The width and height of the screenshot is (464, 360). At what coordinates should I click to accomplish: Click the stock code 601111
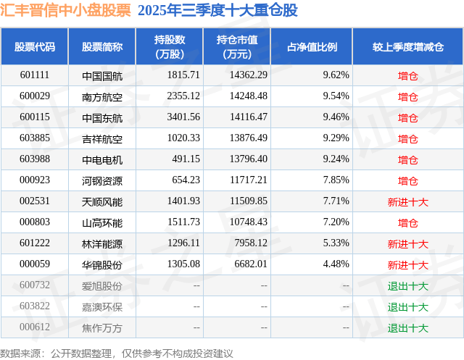(x=35, y=75)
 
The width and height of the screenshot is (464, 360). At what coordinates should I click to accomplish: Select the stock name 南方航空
(x=102, y=96)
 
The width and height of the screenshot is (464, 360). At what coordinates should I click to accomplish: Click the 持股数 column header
(x=170, y=47)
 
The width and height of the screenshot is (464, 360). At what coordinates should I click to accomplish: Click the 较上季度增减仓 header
(x=407, y=47)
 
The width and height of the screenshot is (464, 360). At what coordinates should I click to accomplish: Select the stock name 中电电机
(x=102, y=159)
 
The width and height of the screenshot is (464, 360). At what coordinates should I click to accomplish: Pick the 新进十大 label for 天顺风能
(x=407, y=201)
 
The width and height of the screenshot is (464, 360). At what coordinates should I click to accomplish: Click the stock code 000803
(x=35, y=222)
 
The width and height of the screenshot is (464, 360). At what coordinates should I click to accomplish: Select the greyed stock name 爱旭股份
(x=102, y=285)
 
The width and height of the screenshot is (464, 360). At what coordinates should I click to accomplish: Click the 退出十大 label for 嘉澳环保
(x=407, y=306)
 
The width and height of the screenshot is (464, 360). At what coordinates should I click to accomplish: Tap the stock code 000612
(x=35, y=327)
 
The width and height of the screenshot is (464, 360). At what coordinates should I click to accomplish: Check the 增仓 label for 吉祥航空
(x=407, y=138)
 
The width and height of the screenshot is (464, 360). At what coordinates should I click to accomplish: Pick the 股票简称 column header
(x=102, y=47)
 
